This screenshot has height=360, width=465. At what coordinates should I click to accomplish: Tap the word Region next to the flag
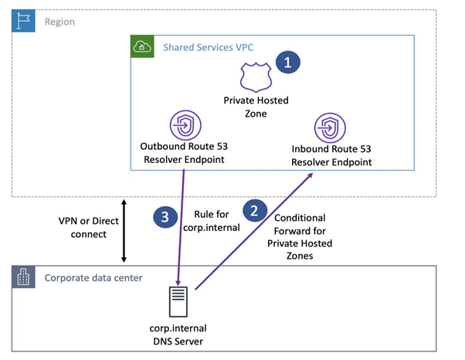tap(59, 22)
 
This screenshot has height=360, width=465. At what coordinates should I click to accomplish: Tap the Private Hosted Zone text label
tap(253, 106)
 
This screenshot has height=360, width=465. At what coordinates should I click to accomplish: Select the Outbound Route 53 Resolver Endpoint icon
tap(184, 124)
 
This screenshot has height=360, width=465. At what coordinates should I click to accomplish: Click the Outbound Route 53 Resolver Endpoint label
tap(184, 152)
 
